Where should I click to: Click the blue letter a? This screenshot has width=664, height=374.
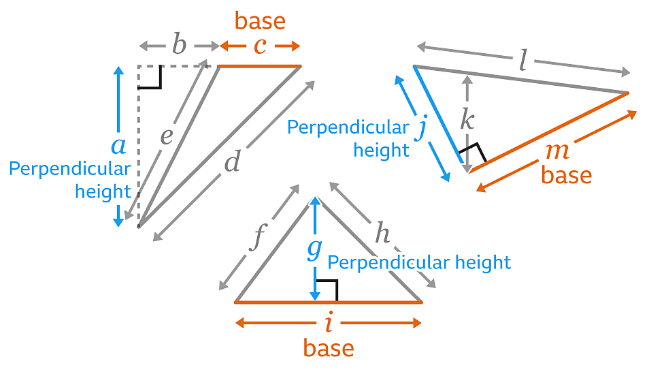118,144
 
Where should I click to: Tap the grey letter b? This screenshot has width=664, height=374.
178,46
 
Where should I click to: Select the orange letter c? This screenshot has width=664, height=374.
259,46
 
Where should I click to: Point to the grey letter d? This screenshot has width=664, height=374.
233,163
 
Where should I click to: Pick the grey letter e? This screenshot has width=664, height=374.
167,137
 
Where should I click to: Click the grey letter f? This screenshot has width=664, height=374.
256,240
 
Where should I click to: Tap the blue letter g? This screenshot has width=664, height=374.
314,249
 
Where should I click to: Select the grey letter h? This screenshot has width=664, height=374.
383,234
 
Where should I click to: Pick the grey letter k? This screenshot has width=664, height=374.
467,121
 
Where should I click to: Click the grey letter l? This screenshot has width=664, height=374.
522,62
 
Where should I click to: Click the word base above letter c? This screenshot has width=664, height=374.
260,21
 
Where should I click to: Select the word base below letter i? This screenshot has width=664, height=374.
329,349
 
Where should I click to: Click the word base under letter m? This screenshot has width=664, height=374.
567,175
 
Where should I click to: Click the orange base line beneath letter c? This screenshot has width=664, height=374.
259,66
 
